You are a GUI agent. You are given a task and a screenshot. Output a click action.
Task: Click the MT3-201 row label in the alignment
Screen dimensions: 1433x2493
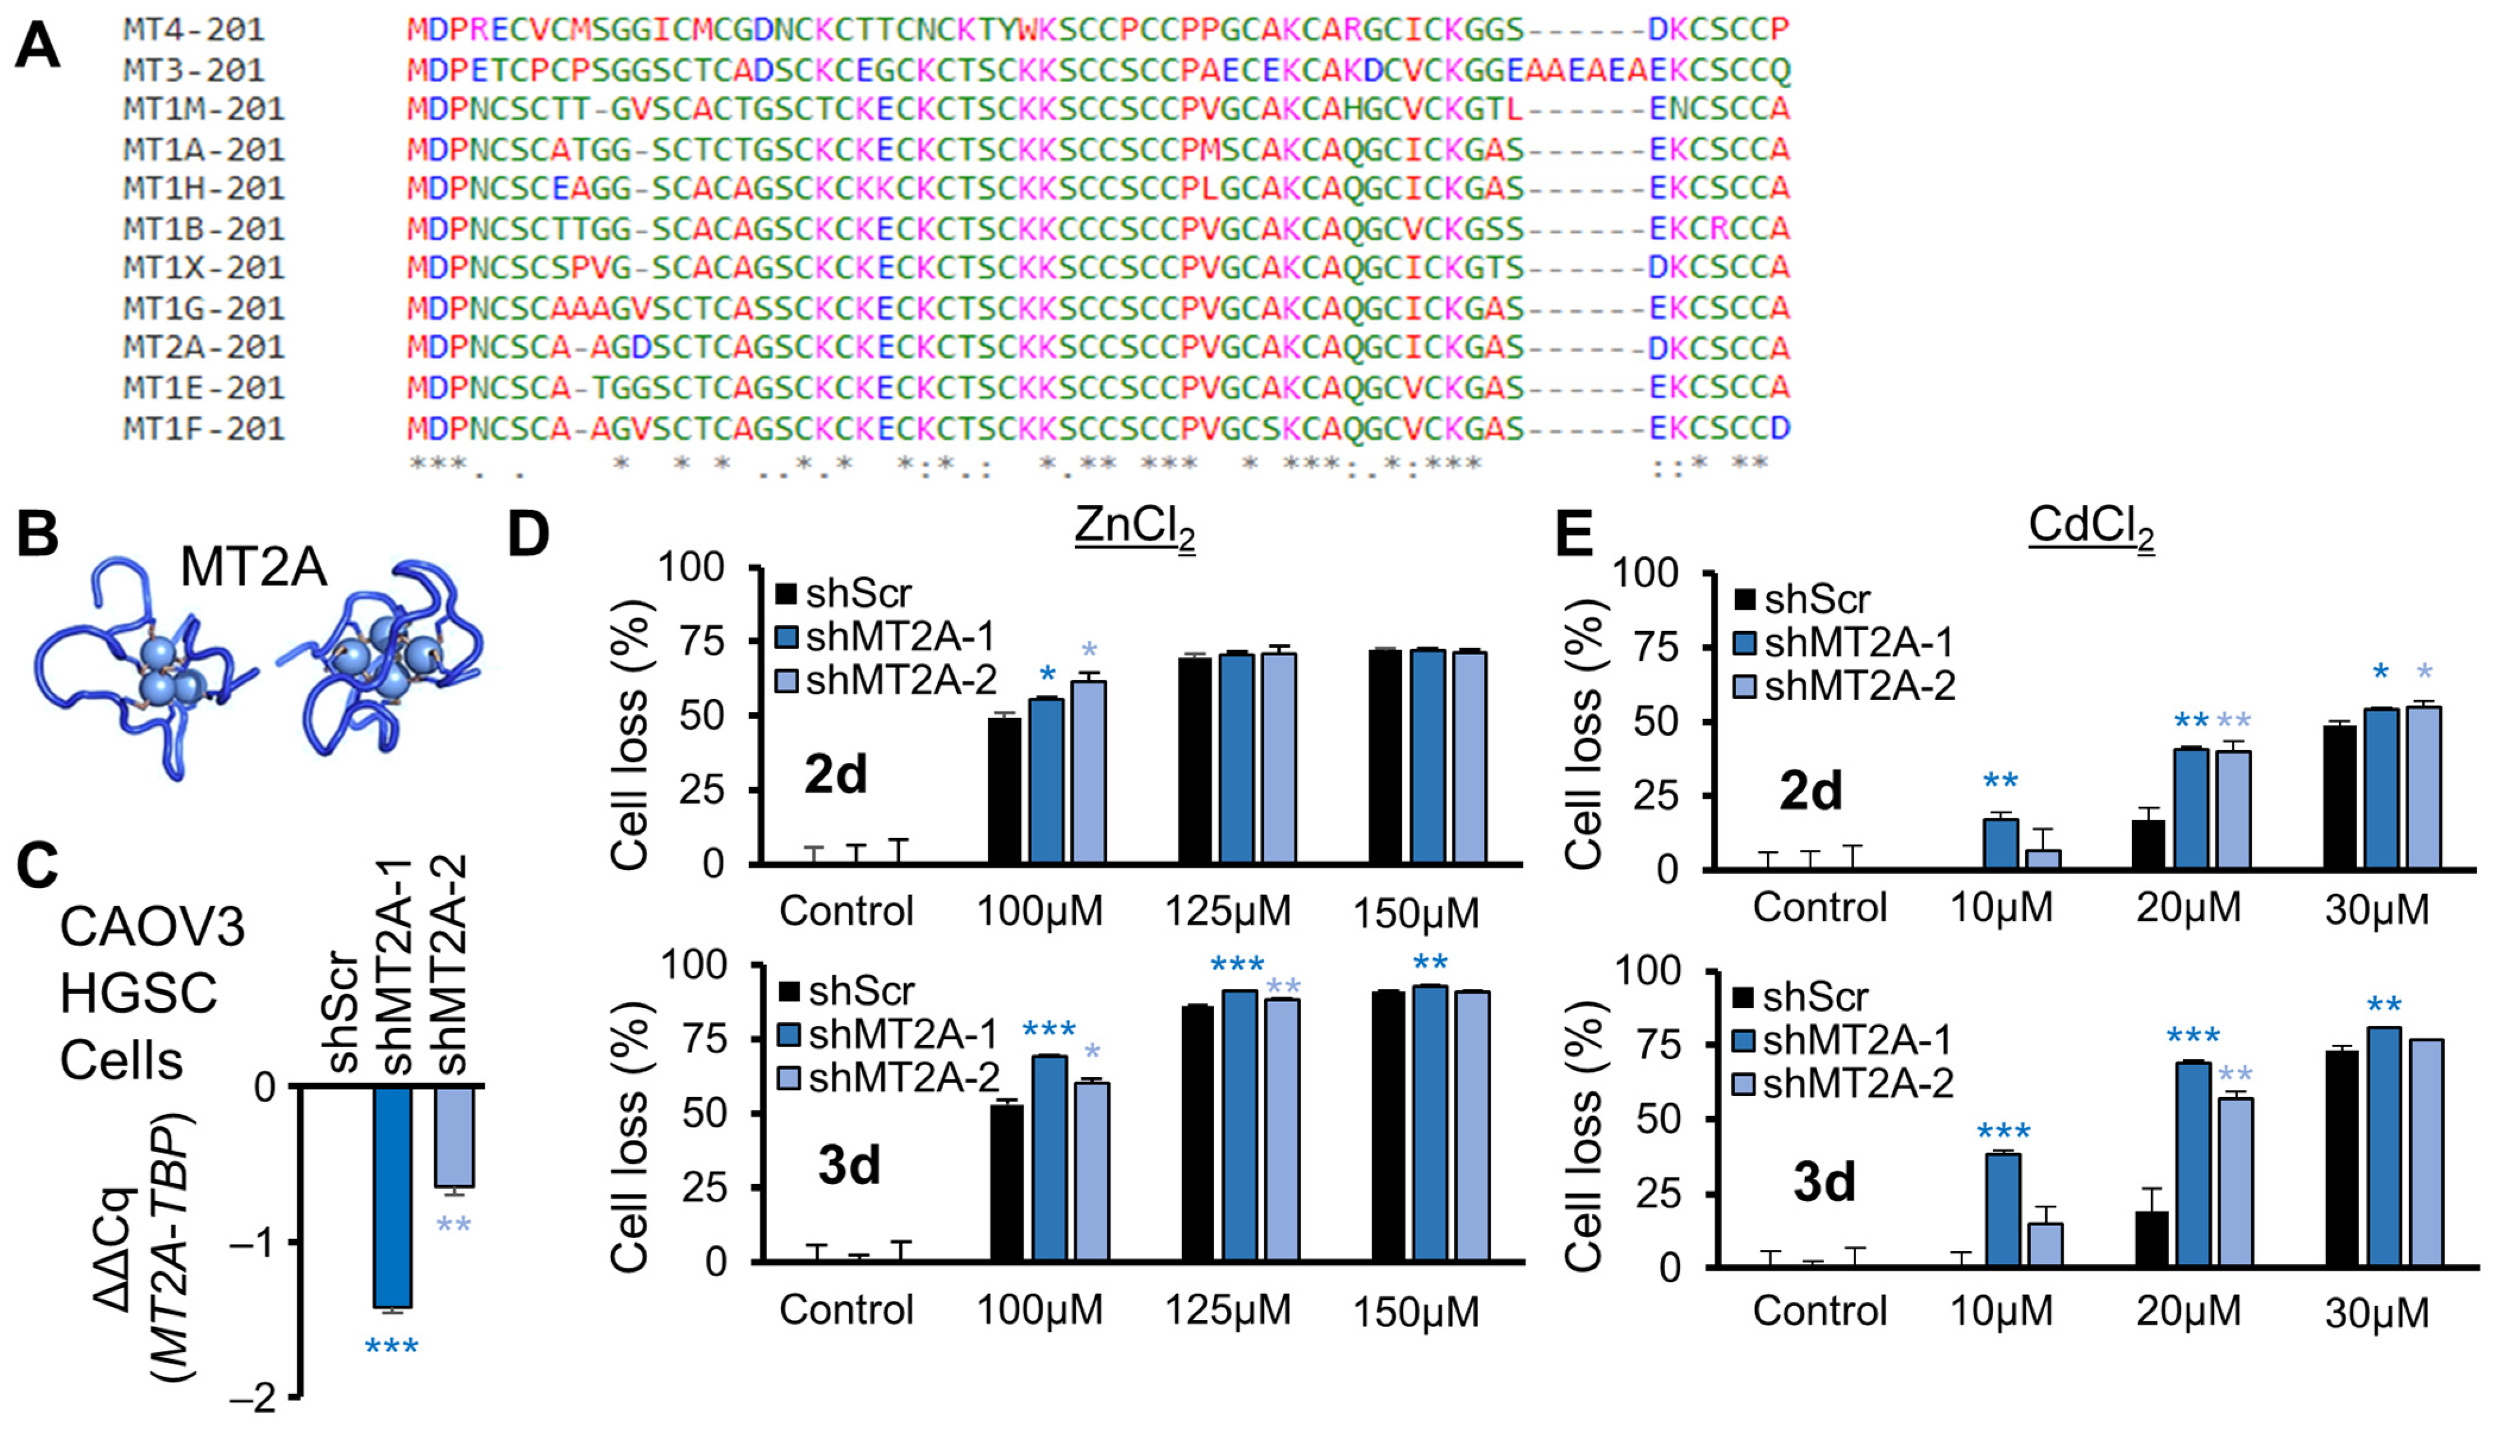(x=194, y=70)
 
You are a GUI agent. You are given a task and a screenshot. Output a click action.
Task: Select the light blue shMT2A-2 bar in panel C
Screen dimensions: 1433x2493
(x=455, y=1137)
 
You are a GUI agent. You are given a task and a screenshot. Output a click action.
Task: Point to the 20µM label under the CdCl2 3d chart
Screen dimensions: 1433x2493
(x=2188, y=1312)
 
